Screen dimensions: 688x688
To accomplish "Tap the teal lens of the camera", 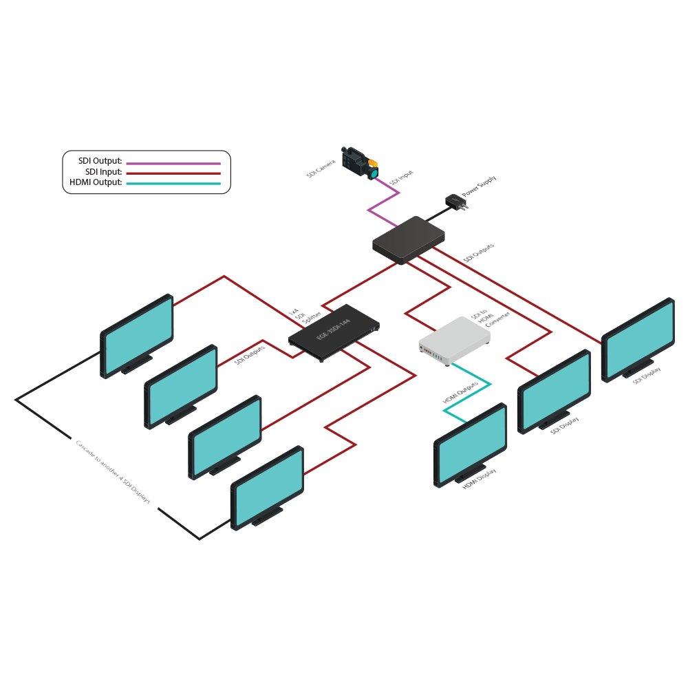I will coord(374,173).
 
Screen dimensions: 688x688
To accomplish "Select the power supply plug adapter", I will coord(454,202).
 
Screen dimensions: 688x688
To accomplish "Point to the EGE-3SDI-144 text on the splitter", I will coord(334,326).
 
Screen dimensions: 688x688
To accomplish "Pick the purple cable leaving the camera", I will coord(384,200).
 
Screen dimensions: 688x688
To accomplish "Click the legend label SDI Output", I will coord(100,161).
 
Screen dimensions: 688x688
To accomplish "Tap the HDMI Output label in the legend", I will coord(96,182).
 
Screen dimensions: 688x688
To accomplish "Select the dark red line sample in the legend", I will coord(172,173).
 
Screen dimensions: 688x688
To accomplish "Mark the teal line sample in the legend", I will coord(172,184).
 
